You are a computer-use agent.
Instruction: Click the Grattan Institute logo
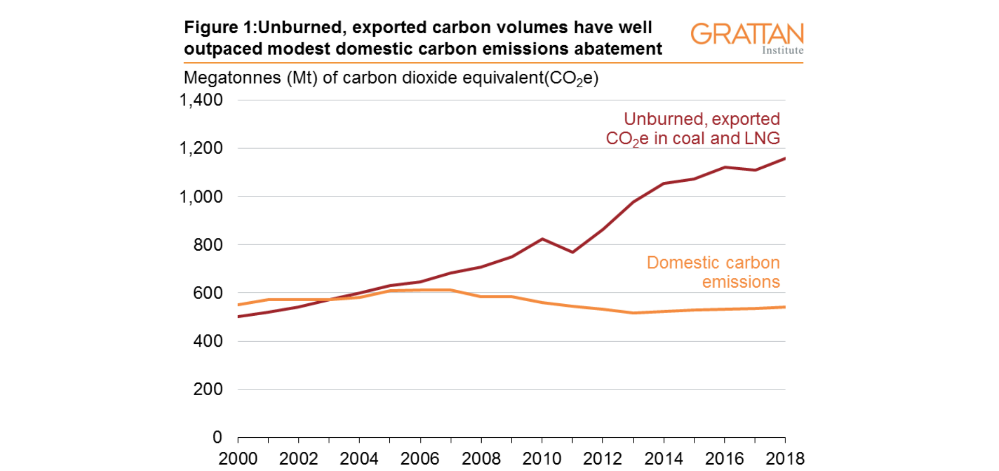(746, 37)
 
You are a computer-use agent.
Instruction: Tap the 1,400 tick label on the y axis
(201, 100)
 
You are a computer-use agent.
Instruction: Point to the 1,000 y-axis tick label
(201, 197)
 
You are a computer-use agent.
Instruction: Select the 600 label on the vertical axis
(208, 293)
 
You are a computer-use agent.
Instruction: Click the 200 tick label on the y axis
(208, 389)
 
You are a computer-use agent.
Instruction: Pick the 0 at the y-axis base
(217, 437)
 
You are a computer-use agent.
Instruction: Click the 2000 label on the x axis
(238, 459)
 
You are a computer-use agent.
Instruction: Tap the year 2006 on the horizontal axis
(420, 459)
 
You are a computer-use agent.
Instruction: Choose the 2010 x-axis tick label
(542, 459)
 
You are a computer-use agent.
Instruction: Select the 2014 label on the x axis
(664, 459)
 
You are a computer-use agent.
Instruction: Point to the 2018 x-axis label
(785, 459)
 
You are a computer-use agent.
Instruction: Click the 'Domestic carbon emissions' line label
(714, 272)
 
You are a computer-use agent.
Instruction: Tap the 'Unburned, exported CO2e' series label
(693, 129)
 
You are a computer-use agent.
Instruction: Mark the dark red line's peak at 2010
(542, 239)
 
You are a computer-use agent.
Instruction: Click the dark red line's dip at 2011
(572, 252)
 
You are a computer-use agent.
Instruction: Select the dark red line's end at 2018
(785, 158)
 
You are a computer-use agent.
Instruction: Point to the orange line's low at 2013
(633, 313)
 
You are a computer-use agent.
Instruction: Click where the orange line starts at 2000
(238, 305)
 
